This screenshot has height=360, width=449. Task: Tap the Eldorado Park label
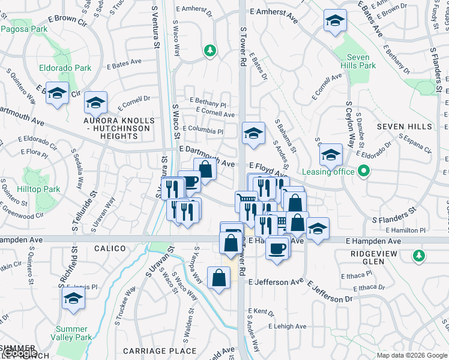65,68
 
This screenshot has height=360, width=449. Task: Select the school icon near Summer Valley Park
73,298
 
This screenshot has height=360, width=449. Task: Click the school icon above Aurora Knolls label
95,103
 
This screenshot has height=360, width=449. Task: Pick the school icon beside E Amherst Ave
334,21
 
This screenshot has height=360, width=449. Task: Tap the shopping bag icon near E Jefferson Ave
218,278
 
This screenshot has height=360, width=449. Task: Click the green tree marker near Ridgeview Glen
418,256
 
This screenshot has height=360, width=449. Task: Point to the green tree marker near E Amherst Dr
209,51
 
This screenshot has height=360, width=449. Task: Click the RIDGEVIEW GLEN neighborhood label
375,257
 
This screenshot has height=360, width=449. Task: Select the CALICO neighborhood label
110,248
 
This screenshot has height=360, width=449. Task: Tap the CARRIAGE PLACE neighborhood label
160,351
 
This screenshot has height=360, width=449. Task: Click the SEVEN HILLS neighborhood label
404,127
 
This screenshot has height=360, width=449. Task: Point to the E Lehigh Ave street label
288,326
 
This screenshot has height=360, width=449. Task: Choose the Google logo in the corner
20,353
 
